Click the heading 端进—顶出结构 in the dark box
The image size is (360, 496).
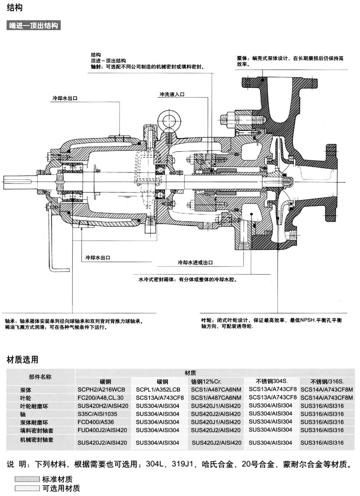[34, 26]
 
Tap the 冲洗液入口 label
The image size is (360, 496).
[171, 95]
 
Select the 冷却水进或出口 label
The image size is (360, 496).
[195, 262]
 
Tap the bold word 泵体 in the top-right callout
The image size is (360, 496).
[243, 59]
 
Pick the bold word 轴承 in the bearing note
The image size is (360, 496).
[11, 322]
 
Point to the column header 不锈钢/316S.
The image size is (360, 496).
[322, 381]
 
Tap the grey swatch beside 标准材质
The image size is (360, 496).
[27, 478]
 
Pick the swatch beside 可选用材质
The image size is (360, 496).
[27, 488]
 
